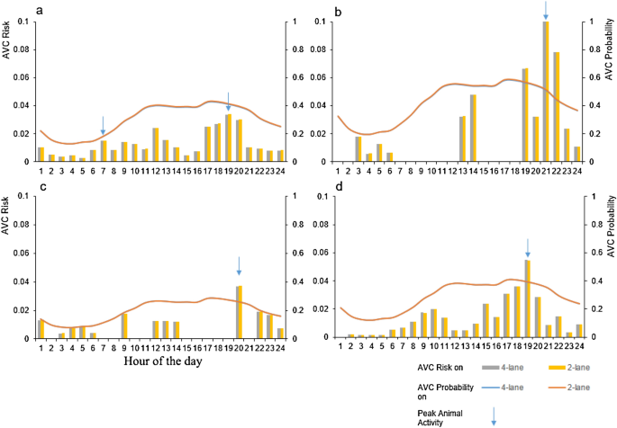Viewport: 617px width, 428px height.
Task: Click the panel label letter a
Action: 39,10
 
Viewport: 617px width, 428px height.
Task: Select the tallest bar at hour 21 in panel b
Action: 546,90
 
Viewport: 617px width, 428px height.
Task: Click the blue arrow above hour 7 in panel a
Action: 104,125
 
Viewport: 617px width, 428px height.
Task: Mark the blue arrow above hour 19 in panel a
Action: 229,101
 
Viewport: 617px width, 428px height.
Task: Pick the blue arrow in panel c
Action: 239,266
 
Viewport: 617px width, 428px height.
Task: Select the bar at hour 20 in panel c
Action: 239,312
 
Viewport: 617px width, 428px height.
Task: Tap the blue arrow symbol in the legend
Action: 495,416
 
